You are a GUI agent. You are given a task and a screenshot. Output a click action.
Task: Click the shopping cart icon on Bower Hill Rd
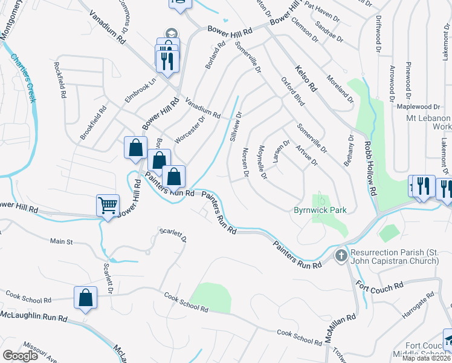click(x=108, y=205)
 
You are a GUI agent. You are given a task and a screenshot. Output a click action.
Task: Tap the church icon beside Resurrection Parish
click(x=341, y=255)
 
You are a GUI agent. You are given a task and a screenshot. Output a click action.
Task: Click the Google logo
click(x=21, y=356)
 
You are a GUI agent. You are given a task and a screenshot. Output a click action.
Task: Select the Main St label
click(x=61, y=241)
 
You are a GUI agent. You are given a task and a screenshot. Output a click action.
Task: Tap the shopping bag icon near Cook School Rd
click(x=85, y=298)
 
